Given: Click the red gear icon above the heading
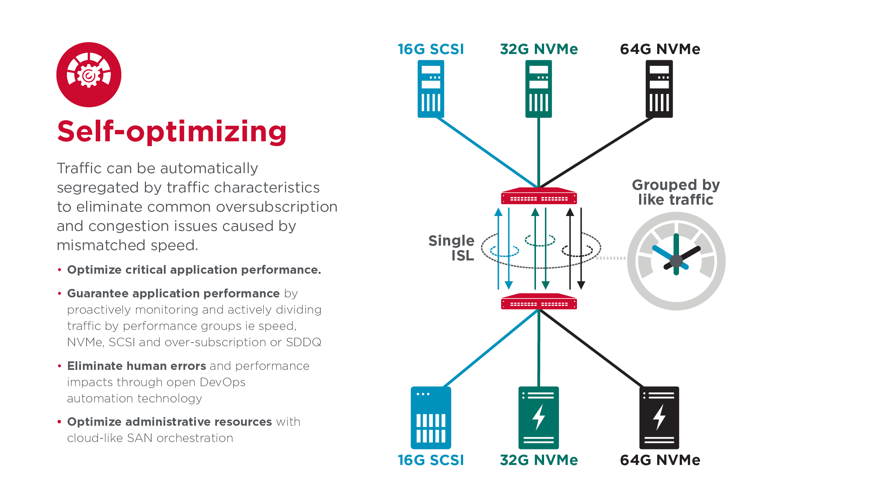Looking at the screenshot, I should point(89,75).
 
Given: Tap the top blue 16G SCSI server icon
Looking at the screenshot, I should point(431,89).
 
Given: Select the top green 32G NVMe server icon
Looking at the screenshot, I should point(539,89).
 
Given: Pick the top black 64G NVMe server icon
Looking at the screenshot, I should point(659,89).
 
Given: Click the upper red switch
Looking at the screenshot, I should point(539,196).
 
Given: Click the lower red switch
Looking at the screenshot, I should point(539,302).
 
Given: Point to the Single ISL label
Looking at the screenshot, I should point(452,248).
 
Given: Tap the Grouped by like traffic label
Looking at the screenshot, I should point(676,192).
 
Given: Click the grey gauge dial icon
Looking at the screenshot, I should point(676,261).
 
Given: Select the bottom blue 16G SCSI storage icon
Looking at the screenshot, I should point(431,418).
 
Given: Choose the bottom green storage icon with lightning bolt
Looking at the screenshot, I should point(539,418).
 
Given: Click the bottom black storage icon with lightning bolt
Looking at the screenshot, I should point(659,418).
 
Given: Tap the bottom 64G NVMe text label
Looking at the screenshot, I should point(660,460).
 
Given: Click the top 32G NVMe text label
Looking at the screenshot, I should point(539,49).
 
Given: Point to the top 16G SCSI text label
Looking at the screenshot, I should point(431,49).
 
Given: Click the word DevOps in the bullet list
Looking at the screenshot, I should point(222,382).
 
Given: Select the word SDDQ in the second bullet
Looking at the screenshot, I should point(303,342).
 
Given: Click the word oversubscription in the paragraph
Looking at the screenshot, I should point(277,207).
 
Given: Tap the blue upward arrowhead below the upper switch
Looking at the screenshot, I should point(498,212).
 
